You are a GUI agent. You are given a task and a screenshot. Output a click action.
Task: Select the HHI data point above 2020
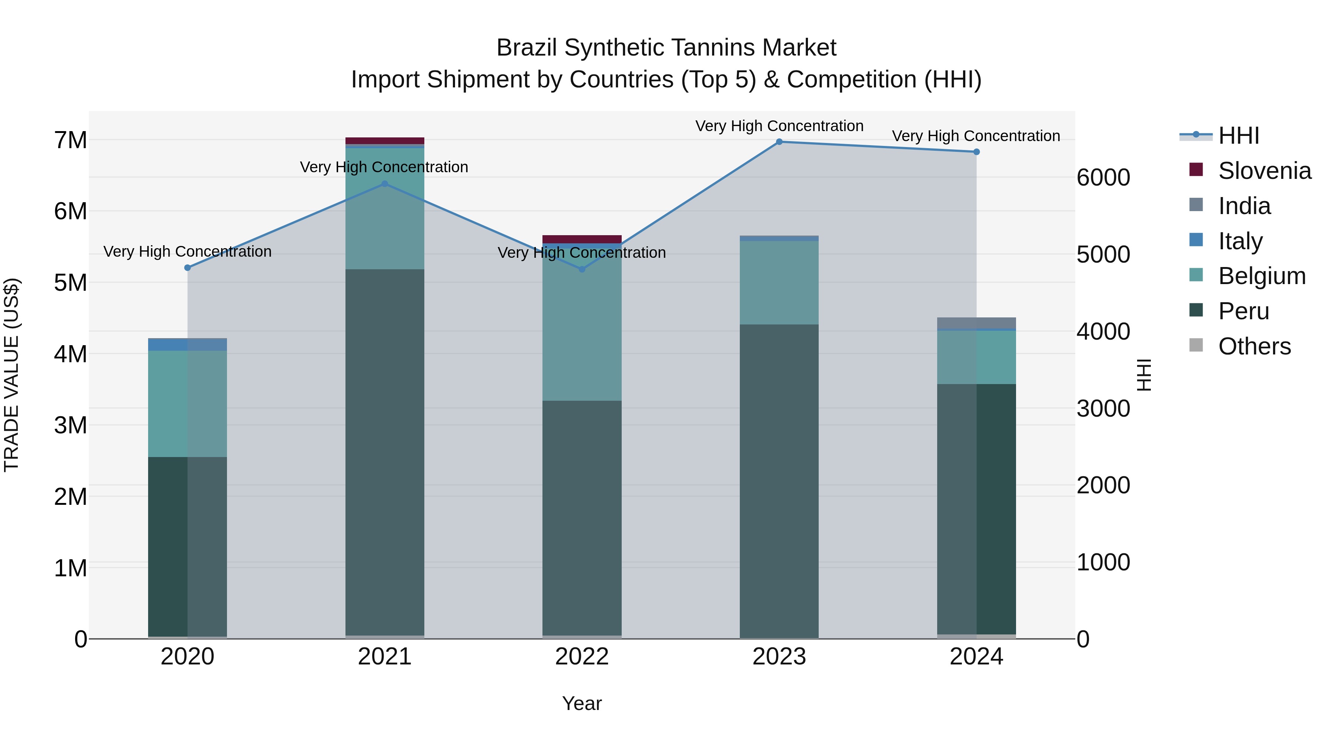coord(187,268)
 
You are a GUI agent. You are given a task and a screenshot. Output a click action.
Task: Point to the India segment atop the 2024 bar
coord(976,323)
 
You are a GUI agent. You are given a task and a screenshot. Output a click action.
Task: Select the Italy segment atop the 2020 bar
coord(187,344)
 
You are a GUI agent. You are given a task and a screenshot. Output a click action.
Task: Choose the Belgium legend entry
coord(1262,276)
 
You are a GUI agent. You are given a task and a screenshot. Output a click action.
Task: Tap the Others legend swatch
coord(1196,345)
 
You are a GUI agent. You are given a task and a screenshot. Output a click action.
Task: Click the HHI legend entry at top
coord(1238,136)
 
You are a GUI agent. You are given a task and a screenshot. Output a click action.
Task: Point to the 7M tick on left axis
coord(70,140)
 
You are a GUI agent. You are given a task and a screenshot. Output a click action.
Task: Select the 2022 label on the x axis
coord(582,657)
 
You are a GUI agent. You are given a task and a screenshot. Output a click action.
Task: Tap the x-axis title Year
coord(582,703)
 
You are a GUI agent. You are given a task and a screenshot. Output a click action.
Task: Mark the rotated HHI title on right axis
coord(1144,375)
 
